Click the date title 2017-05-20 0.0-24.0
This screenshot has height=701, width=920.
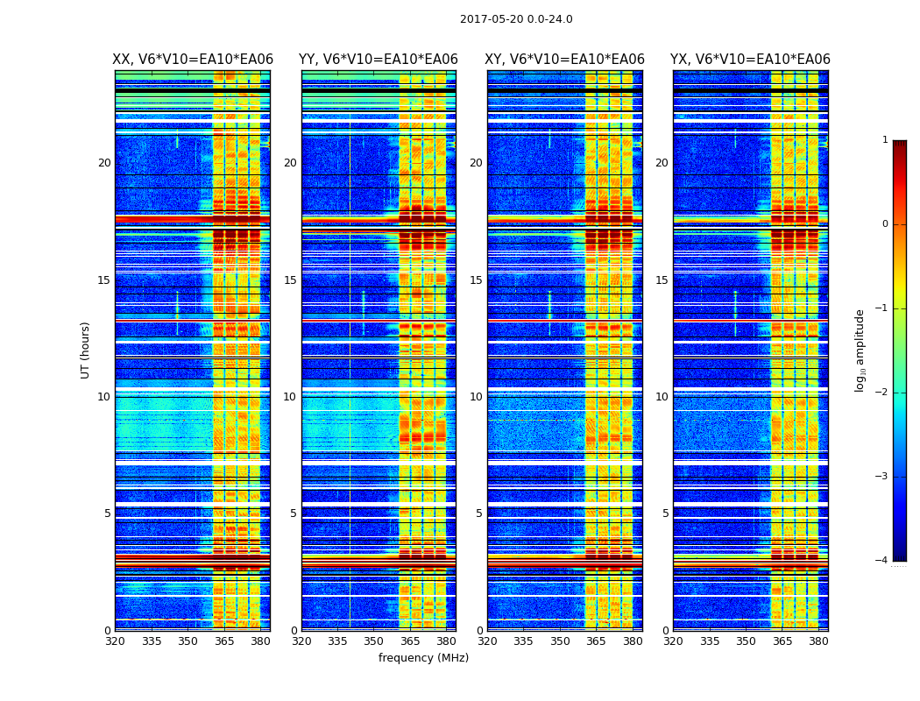pyautogui.click(x=516, y=19)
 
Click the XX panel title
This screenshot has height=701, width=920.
pyautogui.click(x=192, y=60)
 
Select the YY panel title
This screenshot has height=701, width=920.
pyautogui.click(x=379, y=60)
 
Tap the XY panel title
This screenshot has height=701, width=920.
pyautogui.click(x=565, y=60)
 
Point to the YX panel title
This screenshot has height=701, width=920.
pyautogui.click(x=750, y=60)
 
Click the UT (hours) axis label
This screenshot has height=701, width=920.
pyautogui.click(x=86, y=350)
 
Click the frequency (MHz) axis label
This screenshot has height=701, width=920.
pyautogui.click(x=423, y=658)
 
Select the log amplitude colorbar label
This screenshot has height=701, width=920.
pyautogui.click(x=860, y=350)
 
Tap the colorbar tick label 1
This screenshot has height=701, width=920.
pyautogui.click(x=884, y=140)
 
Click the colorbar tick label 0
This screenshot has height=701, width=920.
pyautogui.click(x=884, y=224)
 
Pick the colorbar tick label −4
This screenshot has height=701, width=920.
pyautogui.click(x=881, y=561)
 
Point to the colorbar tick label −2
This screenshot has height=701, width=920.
pyautogui.click(x=881, y=393)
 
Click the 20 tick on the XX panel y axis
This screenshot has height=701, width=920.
pyautogui.click(x=104, y=163)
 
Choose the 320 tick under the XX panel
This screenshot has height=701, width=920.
pyautogui.click(x=115, y=641)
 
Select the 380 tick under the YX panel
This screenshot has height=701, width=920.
pyautogui.click(x=818, y=641)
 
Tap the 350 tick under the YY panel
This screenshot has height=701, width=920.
pyautogui.click(x=374, y=641)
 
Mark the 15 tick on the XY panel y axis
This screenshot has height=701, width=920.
pyautogui.click(x=476, y=280)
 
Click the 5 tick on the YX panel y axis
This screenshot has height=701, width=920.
pyautogui.click(x=665, y=513)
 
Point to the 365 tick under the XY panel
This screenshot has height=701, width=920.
pyautogui.click(x=596, y=641)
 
